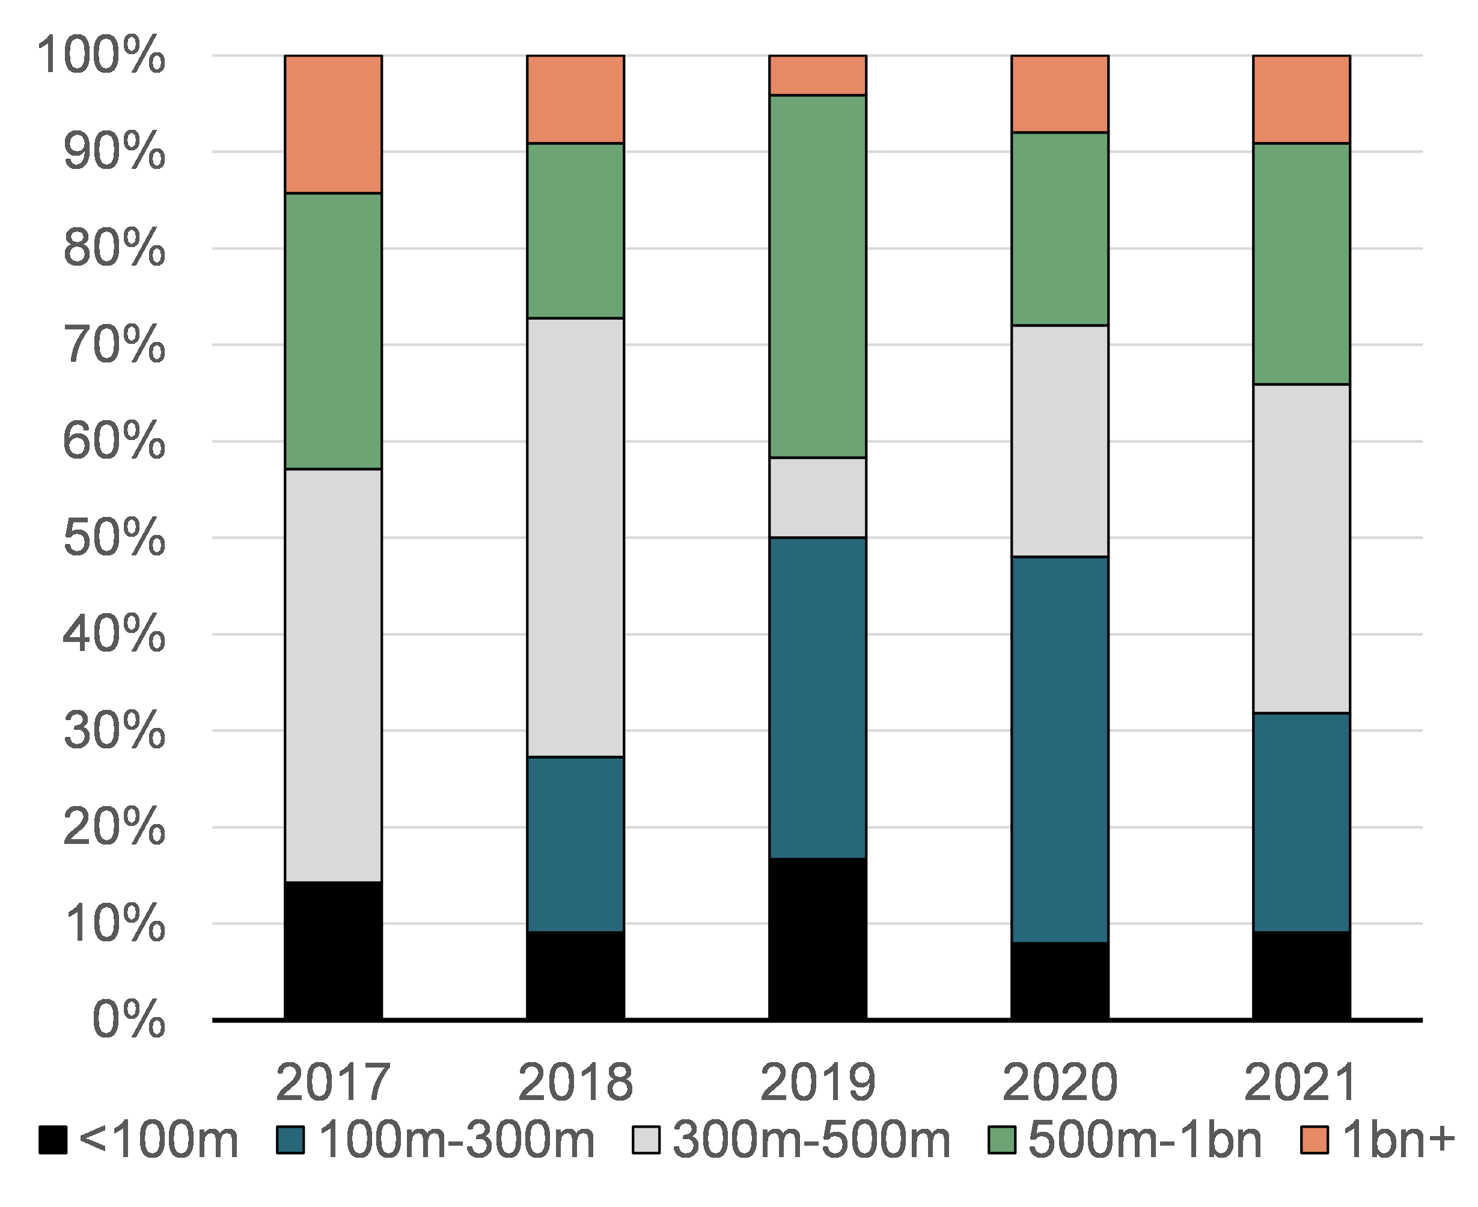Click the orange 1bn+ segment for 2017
click(333, 124)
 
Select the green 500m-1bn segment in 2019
click(817, 276)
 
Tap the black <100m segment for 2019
click(817, 939)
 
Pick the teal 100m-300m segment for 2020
click(1059, 750)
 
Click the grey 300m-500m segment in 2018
click(575, 537)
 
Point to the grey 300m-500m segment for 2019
click(817, 498)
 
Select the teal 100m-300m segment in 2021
click(1301, 822)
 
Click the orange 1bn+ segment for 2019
click(817, 75)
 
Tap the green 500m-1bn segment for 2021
click(1301, 263)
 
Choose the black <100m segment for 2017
click(333, 950)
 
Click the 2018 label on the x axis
click(575, 1083)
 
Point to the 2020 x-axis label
click(1059, 1083)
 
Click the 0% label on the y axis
click(129, 1020)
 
